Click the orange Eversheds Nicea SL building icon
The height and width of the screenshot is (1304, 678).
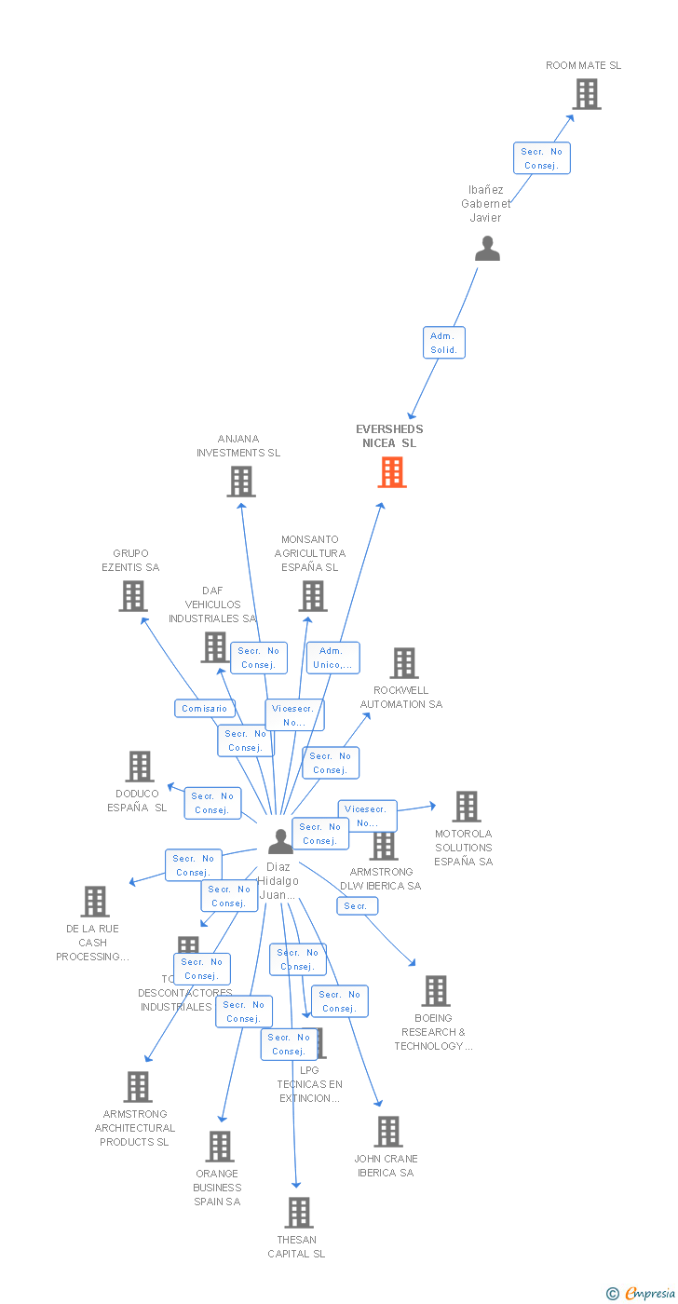[x=392, y=472]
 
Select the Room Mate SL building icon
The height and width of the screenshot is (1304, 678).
[x=586, y=94]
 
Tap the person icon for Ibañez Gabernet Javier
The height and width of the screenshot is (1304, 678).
[x=487, y=249]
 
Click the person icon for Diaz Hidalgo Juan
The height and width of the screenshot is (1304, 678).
[x=280, y=841]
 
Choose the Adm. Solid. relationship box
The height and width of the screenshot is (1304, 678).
[x=443, y=343]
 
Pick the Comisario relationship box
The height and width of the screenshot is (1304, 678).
[x=205, y=709]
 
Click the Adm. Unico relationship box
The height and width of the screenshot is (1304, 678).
[x=332, y=658]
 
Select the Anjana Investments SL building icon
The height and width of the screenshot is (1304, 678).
[x=241, y=482]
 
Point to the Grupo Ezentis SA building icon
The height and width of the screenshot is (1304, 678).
[x=133, y=596]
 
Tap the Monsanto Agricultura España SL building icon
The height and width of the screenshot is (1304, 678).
[x=313, y=596]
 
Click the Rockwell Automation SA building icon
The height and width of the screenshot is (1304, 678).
[x=404, y=663]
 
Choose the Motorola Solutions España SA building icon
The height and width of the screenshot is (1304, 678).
[x=466, y=807]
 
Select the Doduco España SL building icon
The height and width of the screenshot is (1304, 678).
[x=140, y=767]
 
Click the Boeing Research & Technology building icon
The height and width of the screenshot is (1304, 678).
[x=435, y=991]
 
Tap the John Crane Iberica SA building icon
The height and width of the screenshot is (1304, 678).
[x=387, y=1132]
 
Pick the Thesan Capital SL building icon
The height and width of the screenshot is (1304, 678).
[x=298, y=1213]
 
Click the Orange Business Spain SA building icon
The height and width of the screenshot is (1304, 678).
[x=220, y=1147]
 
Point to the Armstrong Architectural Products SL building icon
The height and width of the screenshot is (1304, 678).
[x=138, y=1087]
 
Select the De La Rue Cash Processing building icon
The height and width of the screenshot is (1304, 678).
[x=95, y=902]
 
